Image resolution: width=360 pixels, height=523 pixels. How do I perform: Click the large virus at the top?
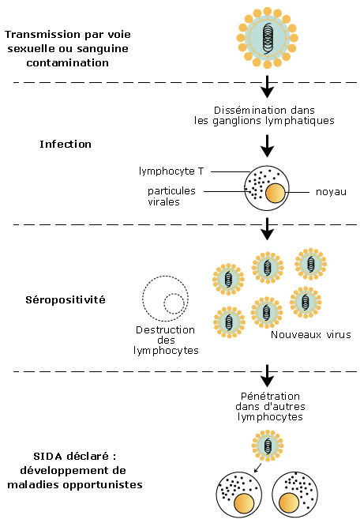(x=268, y=38)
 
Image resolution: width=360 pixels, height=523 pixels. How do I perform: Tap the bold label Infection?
(x=66, y=144)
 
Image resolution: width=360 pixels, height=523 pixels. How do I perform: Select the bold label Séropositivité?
(x=66, y=299)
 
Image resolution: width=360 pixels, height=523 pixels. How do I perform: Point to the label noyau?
(x=331, y=192)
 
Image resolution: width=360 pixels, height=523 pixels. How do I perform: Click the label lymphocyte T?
(x=171, y=171)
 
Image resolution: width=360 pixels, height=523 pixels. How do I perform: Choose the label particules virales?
(x=171, y=196)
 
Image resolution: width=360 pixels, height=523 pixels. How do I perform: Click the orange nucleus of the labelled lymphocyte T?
(x=276, y=193)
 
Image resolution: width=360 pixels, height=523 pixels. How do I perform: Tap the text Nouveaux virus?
(x=311, y=334)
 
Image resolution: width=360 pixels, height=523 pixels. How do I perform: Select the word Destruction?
(x=165, y=330)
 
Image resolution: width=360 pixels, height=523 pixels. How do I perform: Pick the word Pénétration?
(x=270, y=396)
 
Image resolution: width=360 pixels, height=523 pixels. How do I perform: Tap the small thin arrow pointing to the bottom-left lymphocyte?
(x=257, y=468)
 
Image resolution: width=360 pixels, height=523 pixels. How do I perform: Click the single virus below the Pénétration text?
(x=268, y=446)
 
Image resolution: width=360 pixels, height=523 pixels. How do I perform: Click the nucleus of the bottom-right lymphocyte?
(x=289, y=503)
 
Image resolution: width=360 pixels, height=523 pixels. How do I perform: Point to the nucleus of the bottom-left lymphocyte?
(x=244, y=503)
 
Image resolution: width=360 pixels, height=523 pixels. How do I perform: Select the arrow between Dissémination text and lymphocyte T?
(x=267, y=145)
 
